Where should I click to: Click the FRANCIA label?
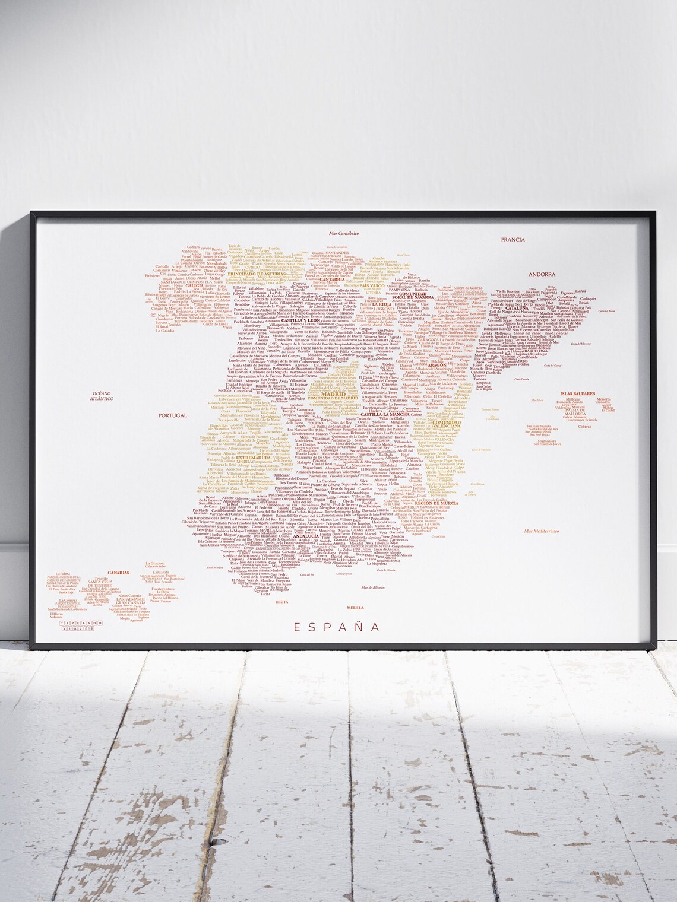click(511, 240)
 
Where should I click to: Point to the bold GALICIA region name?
click(195, 285)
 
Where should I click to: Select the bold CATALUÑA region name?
click(517, 309)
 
